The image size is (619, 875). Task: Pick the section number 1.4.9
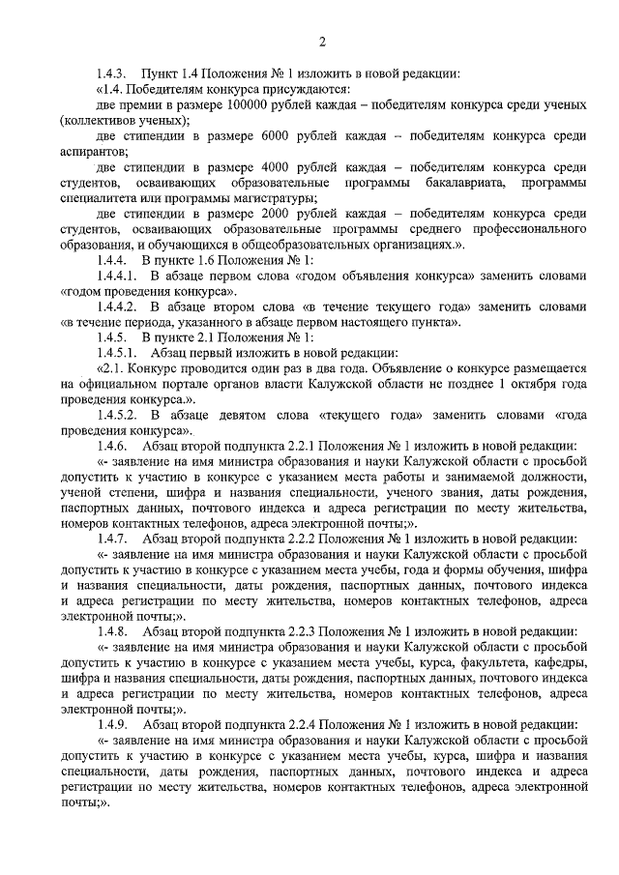[x=111, y=723]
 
